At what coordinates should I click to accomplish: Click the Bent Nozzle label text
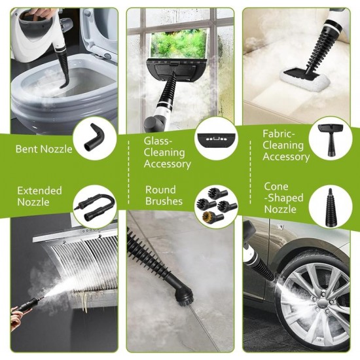tap(44, 149)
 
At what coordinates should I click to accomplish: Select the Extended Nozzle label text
tap(39, 196)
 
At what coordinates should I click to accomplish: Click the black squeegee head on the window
tap(173, 66)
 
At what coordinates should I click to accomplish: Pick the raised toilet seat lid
tap(98, 29)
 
